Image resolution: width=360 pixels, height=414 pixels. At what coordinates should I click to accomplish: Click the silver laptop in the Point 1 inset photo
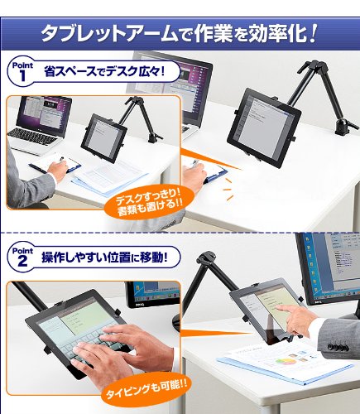pyautogui.click(x=37, y=124)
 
